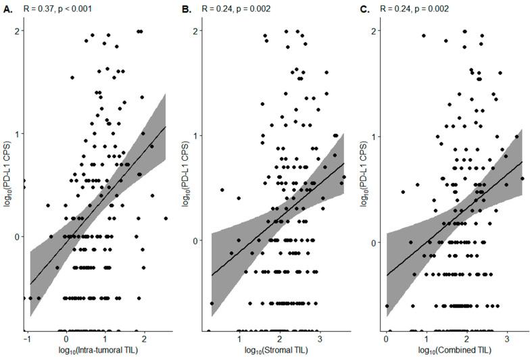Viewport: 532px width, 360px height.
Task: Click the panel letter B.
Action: (187, 10)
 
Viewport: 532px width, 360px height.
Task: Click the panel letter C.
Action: (365, 10)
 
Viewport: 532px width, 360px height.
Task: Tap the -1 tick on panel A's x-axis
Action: (26, 338)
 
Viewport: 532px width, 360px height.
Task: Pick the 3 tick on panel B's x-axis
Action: (318, 338)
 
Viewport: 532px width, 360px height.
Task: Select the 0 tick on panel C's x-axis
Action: (386, 338)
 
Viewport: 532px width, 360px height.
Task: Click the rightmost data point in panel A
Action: (166, 218)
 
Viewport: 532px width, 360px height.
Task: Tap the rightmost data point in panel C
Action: (522, 179)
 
